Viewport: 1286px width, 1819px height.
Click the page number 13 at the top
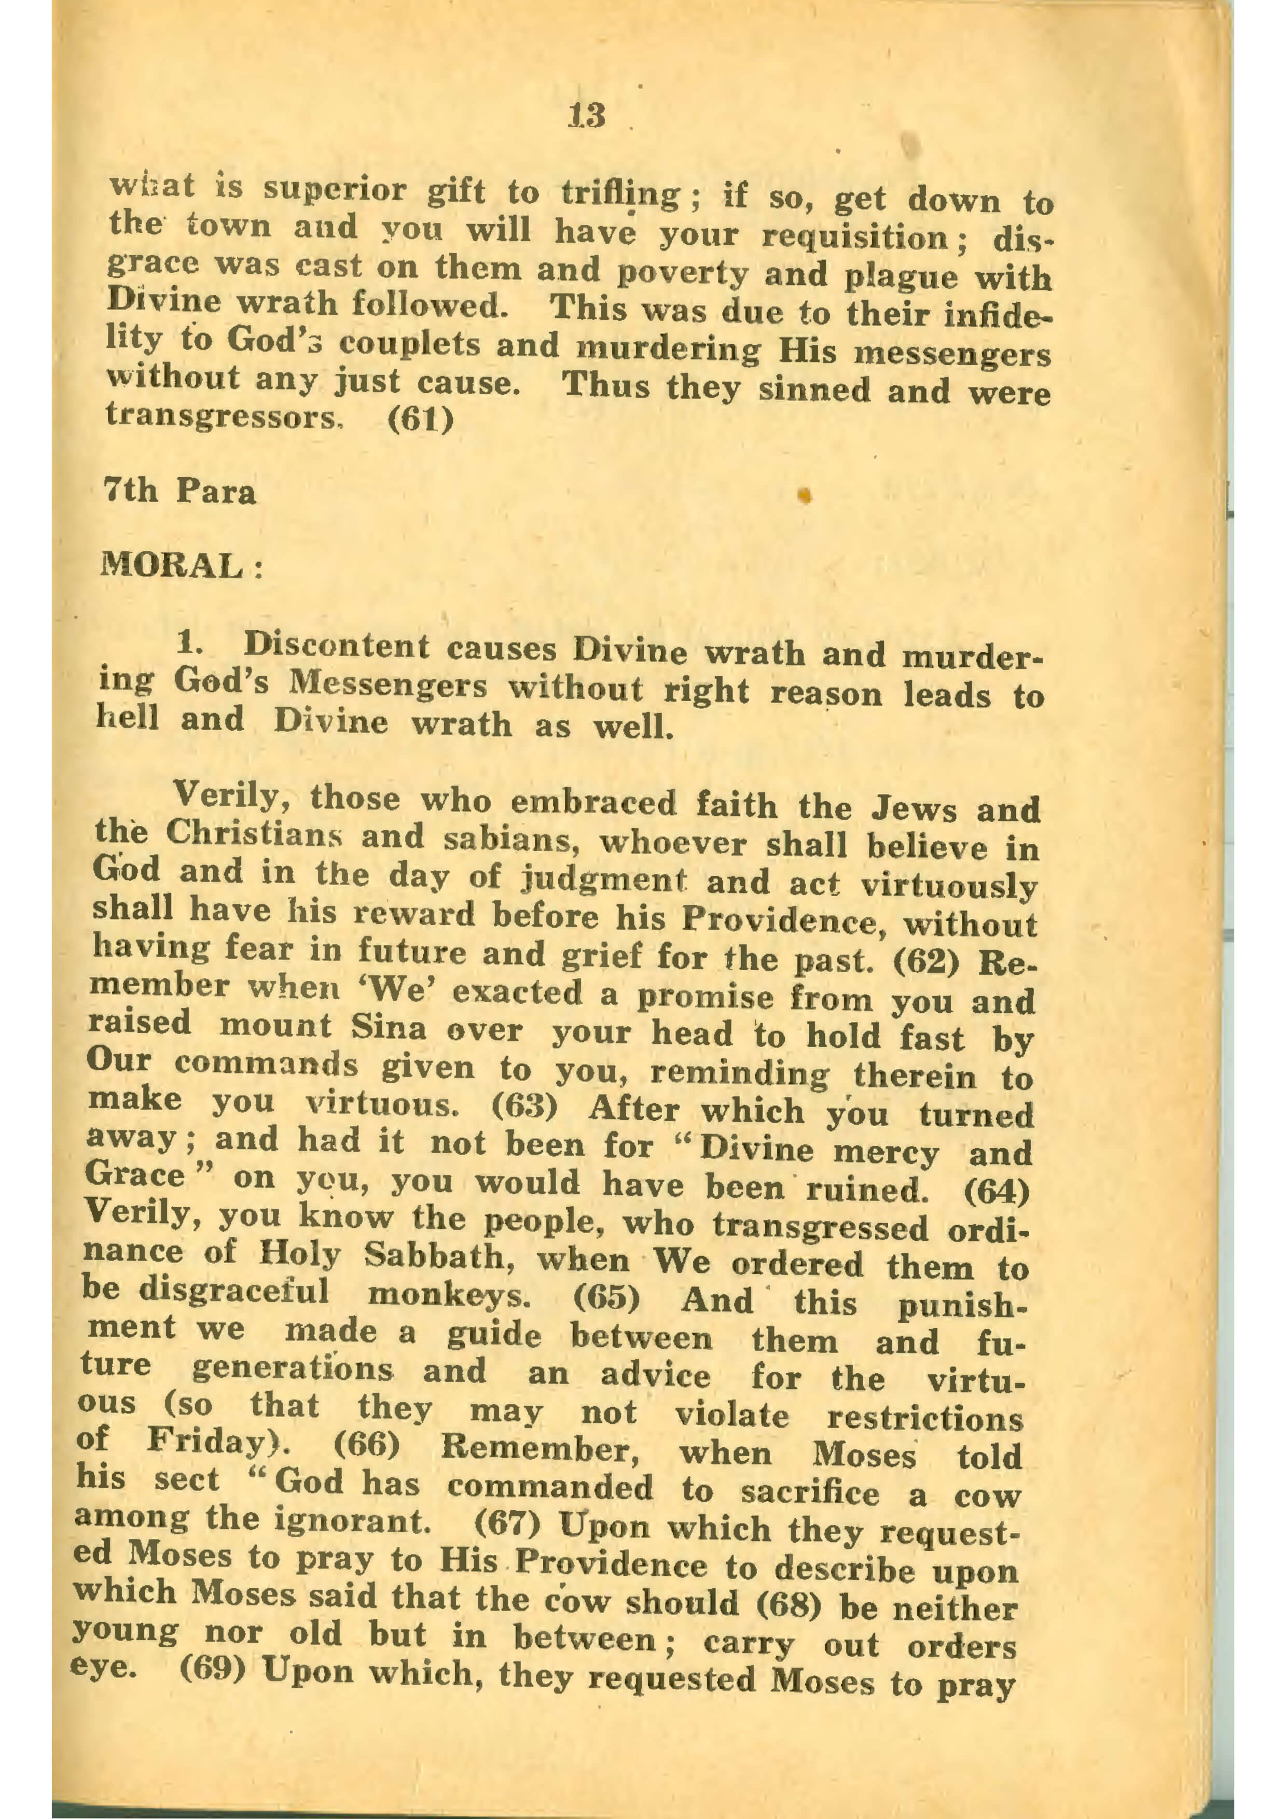tap(586, 116)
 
